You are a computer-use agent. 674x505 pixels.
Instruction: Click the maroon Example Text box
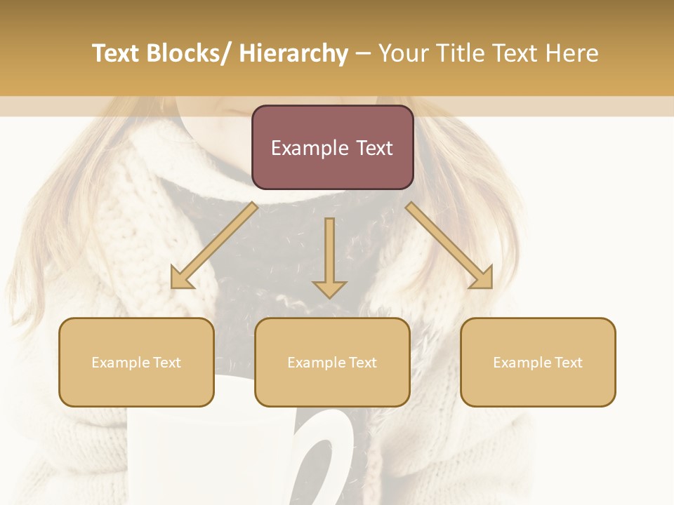tap(332, 147)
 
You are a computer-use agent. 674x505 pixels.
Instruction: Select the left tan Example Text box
tap(136, 362)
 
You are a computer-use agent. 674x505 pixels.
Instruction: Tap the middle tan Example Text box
tap(332, 362)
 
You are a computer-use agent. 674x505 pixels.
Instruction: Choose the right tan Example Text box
tap(538, 362)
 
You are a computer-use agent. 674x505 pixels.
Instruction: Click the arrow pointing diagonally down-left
tap(214, 245)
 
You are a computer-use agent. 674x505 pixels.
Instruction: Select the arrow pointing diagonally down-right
tap(449, 245)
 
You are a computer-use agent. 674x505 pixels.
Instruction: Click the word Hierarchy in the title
tap(293, 53)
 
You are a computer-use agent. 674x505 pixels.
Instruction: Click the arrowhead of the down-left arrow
tap(181, 278)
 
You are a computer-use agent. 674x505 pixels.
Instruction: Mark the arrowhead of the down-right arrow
tap(482, 278)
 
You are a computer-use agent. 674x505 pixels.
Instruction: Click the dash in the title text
tap(363, 53)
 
